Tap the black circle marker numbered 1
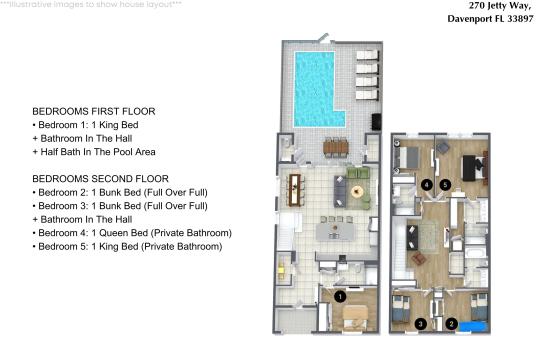tap(340, 297)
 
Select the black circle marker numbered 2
tap(451, 324)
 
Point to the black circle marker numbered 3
tap(420, 324)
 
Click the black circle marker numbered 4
tap(427, 185)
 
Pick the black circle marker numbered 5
tap(445, 185)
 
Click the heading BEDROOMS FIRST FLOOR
tap(94, 112)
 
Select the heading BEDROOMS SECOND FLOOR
tap(101, 179)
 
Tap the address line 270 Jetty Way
tap(500, 6)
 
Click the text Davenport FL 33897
tap(490, 19)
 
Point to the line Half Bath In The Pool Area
tap(94, 152)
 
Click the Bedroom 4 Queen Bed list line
tap(132, 233)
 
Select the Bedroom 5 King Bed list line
tap(127, 247)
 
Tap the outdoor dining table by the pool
tap(336, 147)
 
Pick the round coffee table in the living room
tap(357, 192)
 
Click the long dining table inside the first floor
tap(295, 190)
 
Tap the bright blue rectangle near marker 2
tap(472, 327)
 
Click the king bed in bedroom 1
tap(355, 318)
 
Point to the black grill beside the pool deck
tap(376, 122)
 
